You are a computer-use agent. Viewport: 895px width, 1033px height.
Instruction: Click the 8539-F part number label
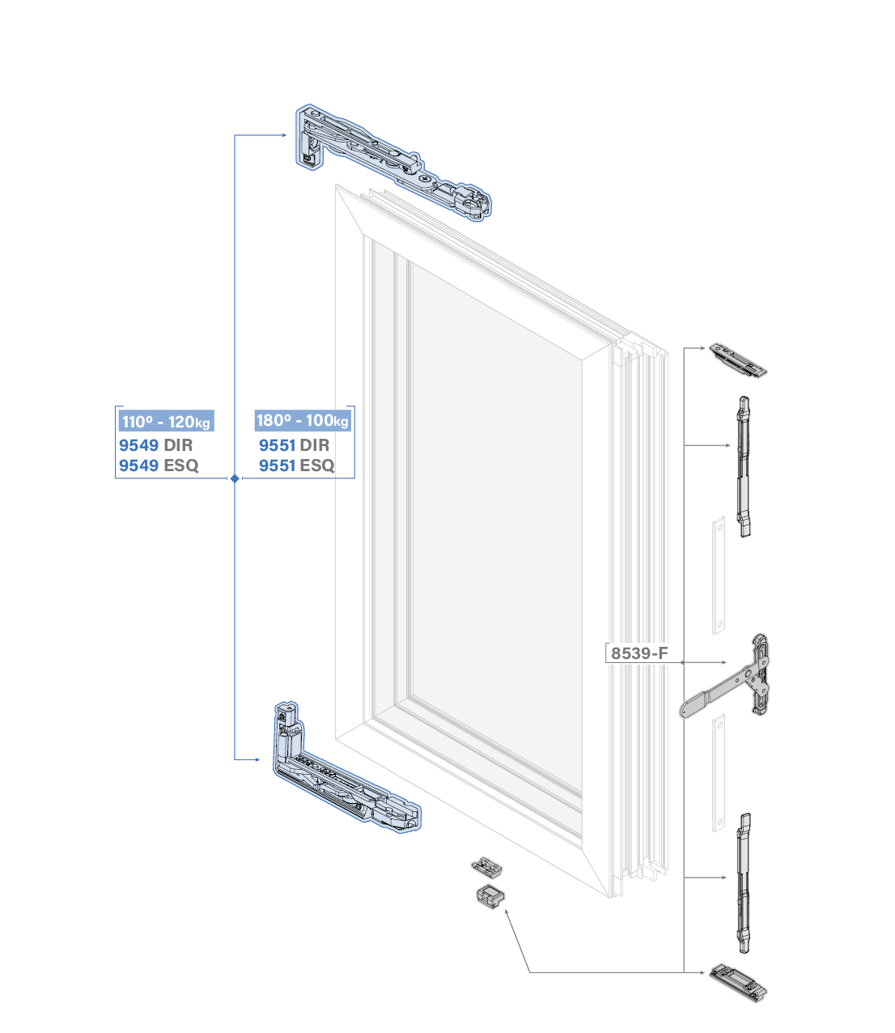639,653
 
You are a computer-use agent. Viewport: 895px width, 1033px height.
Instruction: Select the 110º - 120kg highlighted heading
166,421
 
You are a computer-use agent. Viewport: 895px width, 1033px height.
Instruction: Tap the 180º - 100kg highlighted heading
302,420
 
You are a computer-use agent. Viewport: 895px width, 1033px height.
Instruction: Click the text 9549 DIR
155,445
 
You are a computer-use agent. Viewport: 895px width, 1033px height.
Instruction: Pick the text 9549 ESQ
159,465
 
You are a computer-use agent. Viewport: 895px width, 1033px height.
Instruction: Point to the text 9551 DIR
294,445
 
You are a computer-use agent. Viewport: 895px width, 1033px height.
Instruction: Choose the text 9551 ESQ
296,465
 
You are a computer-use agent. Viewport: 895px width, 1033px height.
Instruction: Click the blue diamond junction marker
235,478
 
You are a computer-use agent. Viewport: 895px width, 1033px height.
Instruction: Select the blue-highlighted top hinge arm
388,162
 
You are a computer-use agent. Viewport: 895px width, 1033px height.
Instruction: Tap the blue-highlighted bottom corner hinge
340,777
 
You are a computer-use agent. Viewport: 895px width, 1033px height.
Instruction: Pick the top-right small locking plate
737,360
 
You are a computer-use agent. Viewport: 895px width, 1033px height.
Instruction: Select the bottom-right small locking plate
737,982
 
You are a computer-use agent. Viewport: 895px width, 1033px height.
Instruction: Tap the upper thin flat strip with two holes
719,575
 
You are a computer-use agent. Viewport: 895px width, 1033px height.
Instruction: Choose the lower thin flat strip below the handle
719,773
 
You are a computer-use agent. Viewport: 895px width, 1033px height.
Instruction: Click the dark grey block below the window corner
489,897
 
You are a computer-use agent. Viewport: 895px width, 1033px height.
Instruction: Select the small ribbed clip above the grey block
488,867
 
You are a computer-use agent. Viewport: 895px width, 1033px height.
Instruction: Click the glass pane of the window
494,526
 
